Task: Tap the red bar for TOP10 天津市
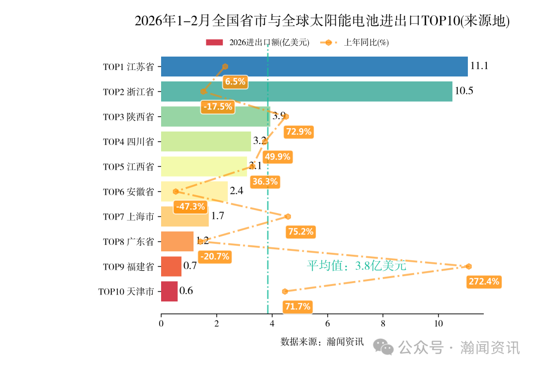click(x=169, y=291)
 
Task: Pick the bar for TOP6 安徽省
click(x=194, y=191)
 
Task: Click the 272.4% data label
click(x=484, y=282)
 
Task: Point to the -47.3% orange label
click(x=190, y=206)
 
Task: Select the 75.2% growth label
click(x=300, y=231)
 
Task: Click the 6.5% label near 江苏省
click(x=235, y=81)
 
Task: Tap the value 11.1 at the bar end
click(x=479, y=66)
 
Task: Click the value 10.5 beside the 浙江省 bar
click(x=463, y=91)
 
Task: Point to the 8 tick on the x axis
click(x=383, y=324)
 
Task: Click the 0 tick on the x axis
click(x=161, y=324)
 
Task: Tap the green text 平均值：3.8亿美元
click(x=356, y=266)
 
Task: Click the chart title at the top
click(x=322, y=21)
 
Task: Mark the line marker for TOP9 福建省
click(x=468, y=266)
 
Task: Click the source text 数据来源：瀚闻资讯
click(x=322, y=342)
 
